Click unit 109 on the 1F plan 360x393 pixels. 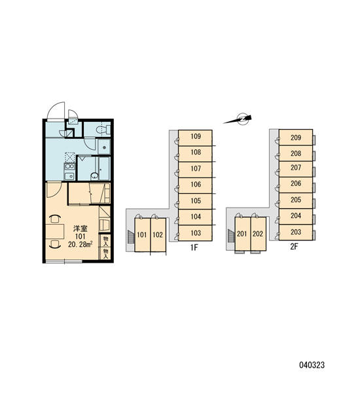coord(195,138)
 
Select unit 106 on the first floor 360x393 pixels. coord(195,185)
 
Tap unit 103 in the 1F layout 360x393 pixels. coord(195,233)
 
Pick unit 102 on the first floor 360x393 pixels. coord(158,234)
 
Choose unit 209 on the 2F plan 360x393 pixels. coord(296,138)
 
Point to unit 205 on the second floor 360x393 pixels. coord(296,200)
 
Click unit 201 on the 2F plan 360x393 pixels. coord(242,234)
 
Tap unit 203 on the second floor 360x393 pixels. coord(296,233)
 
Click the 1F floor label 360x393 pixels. coord(194,248)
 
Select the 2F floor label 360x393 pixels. coord(294,247)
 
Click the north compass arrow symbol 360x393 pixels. coord(238,119)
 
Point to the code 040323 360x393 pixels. coord(312,365)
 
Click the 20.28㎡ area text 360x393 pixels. coord(80,244)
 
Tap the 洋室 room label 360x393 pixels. coord(81,229)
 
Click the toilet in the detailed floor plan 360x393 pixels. coord(103,130)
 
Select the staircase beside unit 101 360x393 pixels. coord(130,237)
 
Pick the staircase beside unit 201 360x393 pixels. coord(231,236)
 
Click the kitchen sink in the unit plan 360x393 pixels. coord(69,176)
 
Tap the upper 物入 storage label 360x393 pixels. coord(106,241)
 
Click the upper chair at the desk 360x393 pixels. coord(55,219)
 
